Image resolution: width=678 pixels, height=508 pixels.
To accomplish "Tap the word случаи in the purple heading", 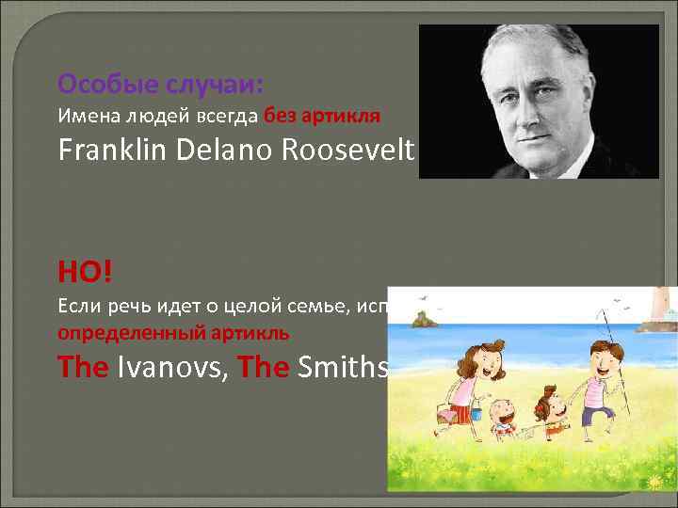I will point(215,85).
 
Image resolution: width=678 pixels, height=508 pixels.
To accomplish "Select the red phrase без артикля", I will point(322,117).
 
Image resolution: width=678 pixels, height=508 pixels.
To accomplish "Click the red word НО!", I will point(85,272).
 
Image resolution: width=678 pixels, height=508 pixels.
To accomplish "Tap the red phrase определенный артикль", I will point(173,333).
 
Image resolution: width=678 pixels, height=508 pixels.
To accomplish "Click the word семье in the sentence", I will point(301,305).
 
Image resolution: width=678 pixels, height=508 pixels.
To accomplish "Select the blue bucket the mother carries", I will point(476,412).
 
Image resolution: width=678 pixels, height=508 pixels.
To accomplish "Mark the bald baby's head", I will point(505,414).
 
